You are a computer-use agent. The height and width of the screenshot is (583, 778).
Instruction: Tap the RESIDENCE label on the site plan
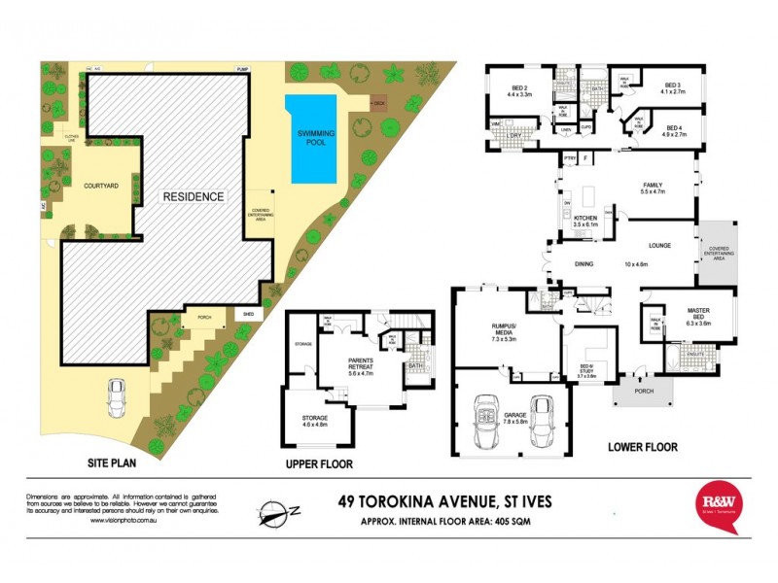coord(194,196)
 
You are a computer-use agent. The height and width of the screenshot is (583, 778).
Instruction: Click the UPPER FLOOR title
coord(319,463)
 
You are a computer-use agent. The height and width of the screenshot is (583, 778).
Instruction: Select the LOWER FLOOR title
coord(643,448)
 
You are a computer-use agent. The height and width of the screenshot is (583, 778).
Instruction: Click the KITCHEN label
coord(584,218)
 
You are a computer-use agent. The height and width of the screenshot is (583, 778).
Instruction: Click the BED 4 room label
coord(676,128)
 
